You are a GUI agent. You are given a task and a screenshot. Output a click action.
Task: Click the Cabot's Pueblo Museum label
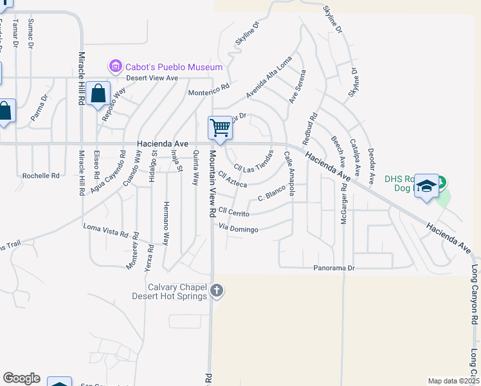coord(174,67)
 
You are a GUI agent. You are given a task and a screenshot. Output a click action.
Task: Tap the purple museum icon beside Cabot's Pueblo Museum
coord(116,66)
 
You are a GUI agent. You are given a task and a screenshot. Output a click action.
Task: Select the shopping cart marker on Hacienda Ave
coord(220,127)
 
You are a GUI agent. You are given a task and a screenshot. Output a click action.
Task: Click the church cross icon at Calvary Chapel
coord(217,291)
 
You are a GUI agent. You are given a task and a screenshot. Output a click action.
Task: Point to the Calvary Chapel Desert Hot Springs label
coord(169,291)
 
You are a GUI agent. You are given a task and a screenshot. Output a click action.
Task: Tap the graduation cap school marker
coord(426,186)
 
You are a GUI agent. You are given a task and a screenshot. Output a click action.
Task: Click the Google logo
coord(21,378)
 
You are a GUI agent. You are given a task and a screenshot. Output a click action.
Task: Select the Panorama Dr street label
coord(334,268)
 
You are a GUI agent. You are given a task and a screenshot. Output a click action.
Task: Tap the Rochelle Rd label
coord(41,175)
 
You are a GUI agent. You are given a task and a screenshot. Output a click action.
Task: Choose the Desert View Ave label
coord(151,78)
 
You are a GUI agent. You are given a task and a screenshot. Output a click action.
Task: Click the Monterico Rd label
coord(208,92)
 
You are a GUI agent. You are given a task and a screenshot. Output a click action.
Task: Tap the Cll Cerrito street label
coord(233,211)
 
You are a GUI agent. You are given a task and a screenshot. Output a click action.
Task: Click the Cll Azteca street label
coord(232,179)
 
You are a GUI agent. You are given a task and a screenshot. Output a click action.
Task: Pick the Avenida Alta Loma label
coord(269,77)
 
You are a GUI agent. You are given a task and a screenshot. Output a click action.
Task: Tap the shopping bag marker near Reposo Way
coord(98,94)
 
